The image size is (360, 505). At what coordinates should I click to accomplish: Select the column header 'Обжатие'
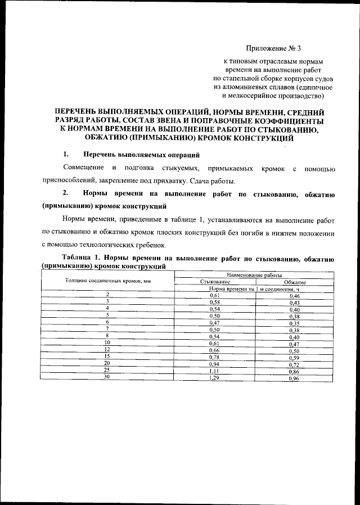point(294,281)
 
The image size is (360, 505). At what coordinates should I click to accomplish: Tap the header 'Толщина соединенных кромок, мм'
point(107,279)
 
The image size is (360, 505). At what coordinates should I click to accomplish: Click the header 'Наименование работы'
point(254,274)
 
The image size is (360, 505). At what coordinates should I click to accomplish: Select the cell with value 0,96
point(293,395)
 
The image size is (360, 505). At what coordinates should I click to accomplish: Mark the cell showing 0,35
point(293,323)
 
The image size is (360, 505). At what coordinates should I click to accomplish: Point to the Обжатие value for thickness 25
point(293,387)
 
